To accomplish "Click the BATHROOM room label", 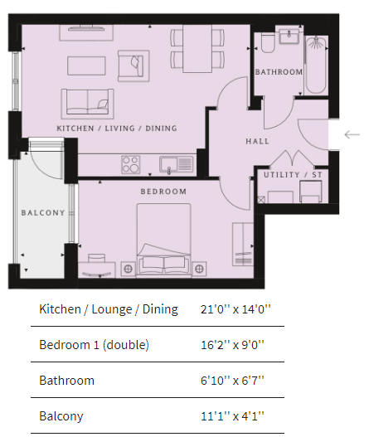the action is (x=279, y=72).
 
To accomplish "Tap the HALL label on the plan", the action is (x=258, y=141).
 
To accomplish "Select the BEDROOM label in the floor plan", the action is (x=163, y=192).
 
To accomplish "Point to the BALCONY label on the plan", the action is (x=43, y=213).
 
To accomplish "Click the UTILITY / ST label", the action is (x=293, y=175).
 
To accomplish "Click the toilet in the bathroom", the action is (x=268, y=43).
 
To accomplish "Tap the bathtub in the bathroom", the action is (x=316, y=65).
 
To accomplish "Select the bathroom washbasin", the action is (x=289, y=36).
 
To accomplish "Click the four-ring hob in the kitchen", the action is (x=131, y=164).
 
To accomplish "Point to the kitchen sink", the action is (x=176, y=165).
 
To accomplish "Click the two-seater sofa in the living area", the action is (x=88, y=102).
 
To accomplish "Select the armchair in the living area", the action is (x=134, y=66).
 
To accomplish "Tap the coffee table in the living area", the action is (x=86, y=66).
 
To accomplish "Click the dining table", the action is (x=197, y=48).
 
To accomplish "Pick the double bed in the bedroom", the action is (x=163, y=240).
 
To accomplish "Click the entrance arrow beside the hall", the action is (x=352, y=134).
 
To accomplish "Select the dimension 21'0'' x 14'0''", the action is (x=235, y=309).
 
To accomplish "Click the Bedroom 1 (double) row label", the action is (x=94, y=345).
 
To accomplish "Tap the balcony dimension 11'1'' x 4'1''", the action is (x=232, y=416).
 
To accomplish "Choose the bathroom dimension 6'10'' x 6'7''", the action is (x=232, y=381).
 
